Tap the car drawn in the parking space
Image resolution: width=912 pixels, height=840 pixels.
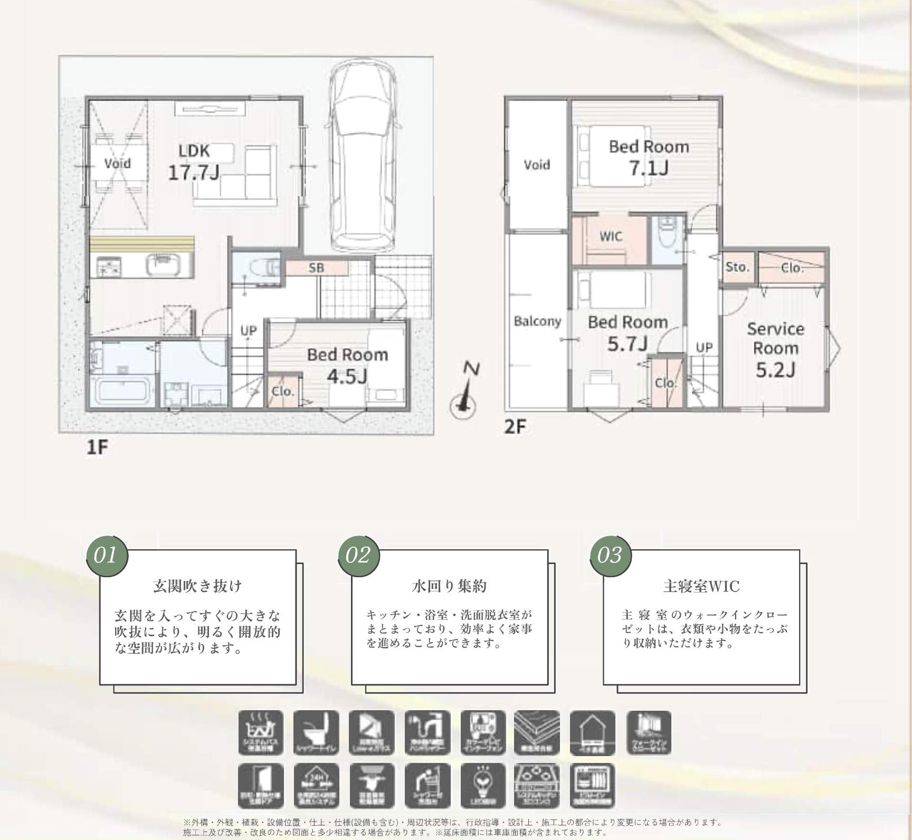tap(363, 158)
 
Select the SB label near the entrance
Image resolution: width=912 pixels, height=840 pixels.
tap(317, 268)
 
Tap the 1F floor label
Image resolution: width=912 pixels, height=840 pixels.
tap(97, 447)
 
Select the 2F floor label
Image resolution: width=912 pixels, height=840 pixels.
tap(515, 426)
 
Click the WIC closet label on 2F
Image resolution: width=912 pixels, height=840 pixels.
tap(611, 236)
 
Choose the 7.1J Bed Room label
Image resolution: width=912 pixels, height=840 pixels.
tap(649, 157)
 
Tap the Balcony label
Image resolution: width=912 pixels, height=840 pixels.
tap(537, 321)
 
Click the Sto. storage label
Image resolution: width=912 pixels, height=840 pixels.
tap(737, 268)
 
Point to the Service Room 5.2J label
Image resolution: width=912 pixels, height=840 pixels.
tap(775, 349)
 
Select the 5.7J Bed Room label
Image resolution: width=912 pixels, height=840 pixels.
tap(628, 332)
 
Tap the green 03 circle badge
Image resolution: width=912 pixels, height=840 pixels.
tap(610, 555)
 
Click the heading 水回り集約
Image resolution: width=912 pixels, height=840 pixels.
tap(449, 586)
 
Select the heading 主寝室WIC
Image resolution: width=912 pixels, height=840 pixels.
tap(701, 586)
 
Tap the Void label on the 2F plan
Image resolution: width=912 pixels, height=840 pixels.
tap(537, 165)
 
